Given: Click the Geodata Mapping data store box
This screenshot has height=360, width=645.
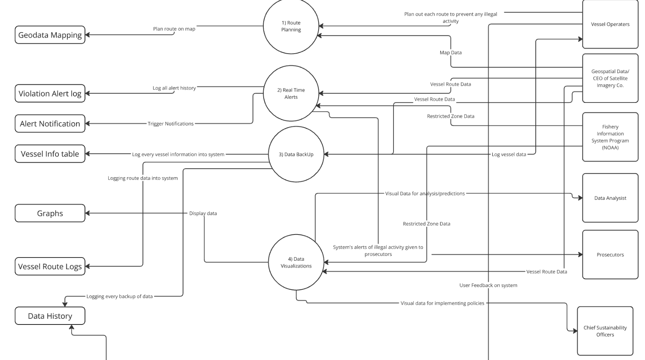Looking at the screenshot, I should [x=50, y=35].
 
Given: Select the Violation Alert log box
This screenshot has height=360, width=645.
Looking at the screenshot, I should [x=50, y=94].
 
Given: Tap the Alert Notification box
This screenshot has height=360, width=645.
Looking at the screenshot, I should [x=50, y=124].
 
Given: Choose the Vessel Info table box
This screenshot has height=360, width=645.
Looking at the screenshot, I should [x=50, y=154].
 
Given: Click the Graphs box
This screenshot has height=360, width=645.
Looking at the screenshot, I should [x=50, y=213].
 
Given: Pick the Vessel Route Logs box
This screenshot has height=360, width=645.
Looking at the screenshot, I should [x=50, y=266].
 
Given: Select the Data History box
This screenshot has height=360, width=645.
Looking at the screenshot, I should [x=50, y=316].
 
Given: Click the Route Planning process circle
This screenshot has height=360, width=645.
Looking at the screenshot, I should [x=291, y=26].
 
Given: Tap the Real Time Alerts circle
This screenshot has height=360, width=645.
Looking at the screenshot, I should [x=291, y=93].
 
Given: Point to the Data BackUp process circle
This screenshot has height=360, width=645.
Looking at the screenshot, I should [x=296, y=154].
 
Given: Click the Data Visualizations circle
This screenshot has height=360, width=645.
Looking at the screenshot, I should [x=296, y=262].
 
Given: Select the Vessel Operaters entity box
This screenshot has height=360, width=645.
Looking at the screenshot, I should [x=610, y=24].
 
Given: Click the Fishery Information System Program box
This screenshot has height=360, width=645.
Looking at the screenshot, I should [x=610, y=137].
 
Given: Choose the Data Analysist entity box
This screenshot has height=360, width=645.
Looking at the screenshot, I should [x=610, y=198].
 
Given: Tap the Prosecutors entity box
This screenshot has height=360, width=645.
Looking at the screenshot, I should [x=610, y=255].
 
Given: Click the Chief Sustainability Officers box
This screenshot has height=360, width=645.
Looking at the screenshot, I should [x=605, y=331].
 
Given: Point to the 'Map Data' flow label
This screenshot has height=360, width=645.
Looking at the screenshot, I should [x=450, y=52].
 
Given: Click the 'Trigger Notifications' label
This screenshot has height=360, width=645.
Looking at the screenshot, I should [x=171, y=123].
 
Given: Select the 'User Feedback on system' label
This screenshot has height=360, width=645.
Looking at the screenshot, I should [x=488, y=285].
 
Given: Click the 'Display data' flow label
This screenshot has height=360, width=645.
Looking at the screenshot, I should [x=203, y=213].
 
